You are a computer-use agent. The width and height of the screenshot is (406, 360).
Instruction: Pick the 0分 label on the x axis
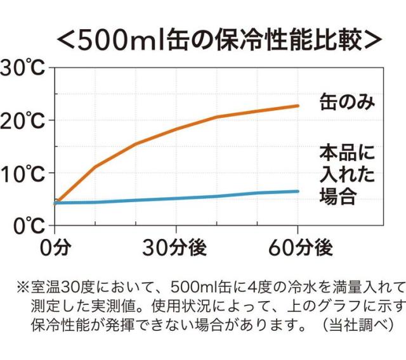click(x=55, y=248)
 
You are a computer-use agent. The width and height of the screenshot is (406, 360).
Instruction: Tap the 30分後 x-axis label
click(x=175, y=248)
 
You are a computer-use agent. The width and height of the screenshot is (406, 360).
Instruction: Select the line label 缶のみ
click(x=345, y=101)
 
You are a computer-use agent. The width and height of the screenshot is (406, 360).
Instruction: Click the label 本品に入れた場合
click(x=346, y=173)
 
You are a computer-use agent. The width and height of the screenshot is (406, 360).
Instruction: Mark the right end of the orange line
click(x=298, y=106)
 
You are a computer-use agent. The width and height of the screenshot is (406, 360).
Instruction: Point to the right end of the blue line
click(x=298, y=191)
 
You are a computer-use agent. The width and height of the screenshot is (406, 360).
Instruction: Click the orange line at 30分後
click(x=176, y=129)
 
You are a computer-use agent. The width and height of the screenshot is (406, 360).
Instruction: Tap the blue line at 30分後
click(x=176, y=198)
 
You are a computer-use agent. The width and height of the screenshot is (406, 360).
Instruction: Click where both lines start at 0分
click(x=56, y=203)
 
